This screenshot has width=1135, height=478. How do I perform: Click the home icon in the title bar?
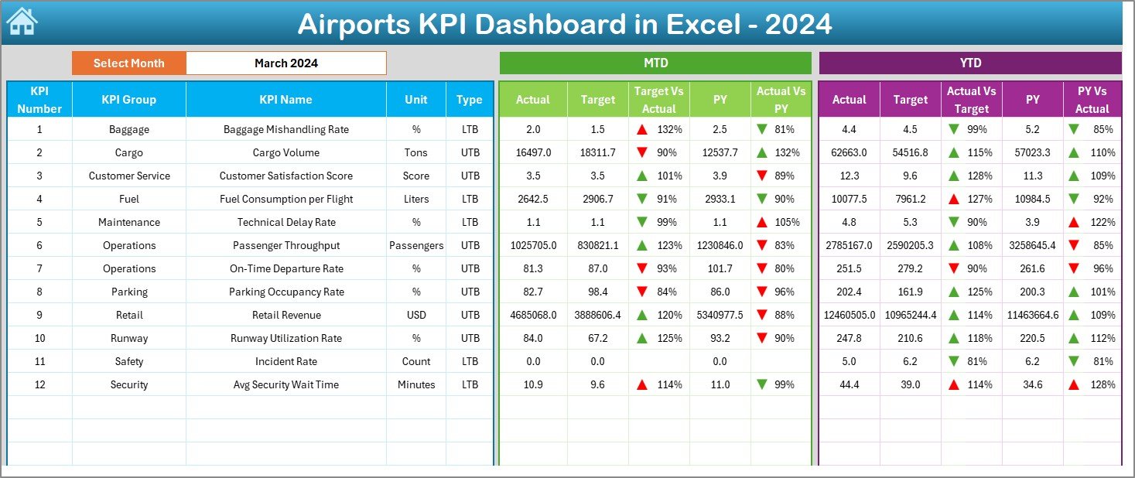[x=22, y=22]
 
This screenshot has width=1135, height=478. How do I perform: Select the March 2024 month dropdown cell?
[x=285, y=63]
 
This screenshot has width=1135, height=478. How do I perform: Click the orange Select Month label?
[x=128, y=63]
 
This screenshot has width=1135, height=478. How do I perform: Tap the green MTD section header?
[x=655, y=63]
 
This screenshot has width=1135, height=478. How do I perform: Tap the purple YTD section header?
[x=969, y=63]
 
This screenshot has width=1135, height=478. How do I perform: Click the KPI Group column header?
[x=128, y=99]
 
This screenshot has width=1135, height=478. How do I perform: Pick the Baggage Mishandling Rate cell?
[x=285, y=129]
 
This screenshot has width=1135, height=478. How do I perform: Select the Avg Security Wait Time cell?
[x=285, y=384]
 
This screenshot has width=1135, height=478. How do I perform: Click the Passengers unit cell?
[x=416, y=245]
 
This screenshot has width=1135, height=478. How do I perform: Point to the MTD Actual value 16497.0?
[x=533, y=152]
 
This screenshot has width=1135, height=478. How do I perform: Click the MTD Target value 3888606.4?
[x=597, y=315]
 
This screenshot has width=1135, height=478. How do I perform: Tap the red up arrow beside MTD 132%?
[x=641, y=129]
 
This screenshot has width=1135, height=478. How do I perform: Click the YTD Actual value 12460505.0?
[x=849, y=315]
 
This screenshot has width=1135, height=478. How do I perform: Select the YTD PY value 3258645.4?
[x=1032, y=245]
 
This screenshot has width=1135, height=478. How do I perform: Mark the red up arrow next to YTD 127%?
[x=954, y=199]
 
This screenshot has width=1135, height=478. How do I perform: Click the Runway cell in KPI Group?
[x=128, y=338]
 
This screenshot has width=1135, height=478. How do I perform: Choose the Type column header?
[x=469, y=99]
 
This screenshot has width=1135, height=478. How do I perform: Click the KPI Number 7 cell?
[x=39, y=268]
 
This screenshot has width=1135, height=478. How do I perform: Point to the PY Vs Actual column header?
[x=1092, y=100]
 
